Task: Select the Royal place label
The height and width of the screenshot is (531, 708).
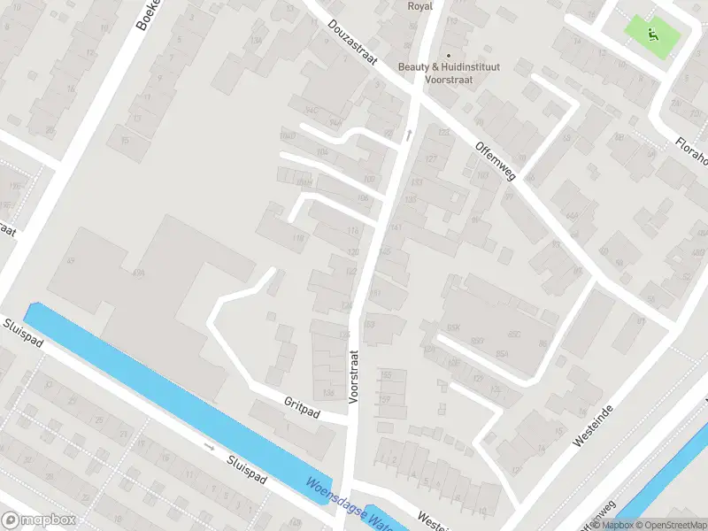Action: [x=419, y=6]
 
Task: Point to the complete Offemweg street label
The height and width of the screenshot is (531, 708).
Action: [x=495, y=162]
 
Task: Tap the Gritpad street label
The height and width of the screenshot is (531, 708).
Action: [x=302, y=403]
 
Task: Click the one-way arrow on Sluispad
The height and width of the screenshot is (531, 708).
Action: [x=209, y=447]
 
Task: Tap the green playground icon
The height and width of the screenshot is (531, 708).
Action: [x=654, y=35]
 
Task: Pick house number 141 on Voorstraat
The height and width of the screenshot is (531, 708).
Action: [x=395, y=227]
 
